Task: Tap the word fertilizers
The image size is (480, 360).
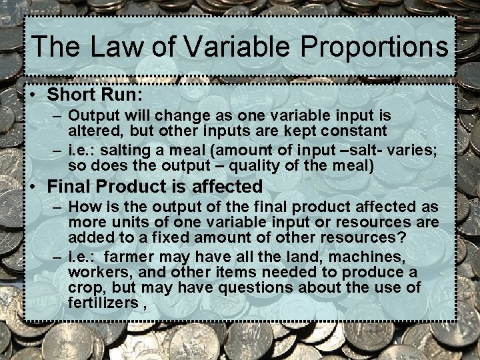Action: tap(101, 302)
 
